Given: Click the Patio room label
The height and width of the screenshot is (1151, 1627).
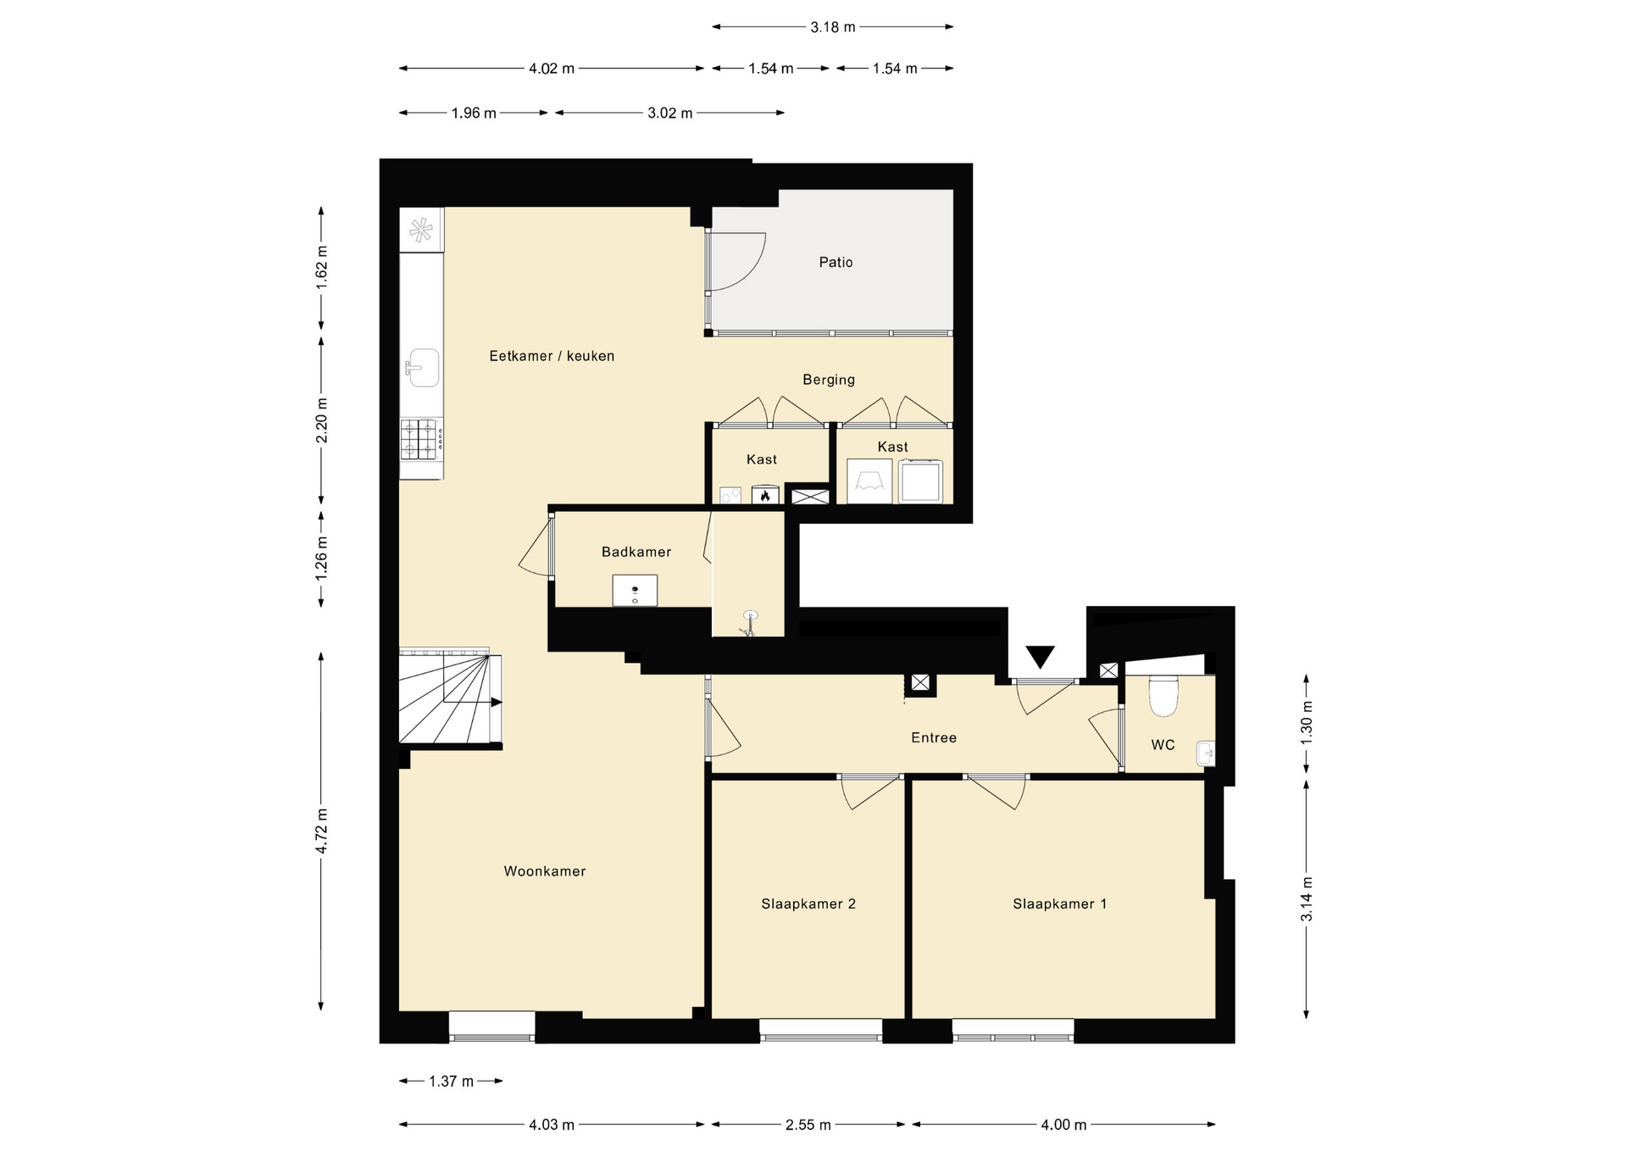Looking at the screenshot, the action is point(836,263).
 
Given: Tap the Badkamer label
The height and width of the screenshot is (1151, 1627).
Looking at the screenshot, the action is point(636,552).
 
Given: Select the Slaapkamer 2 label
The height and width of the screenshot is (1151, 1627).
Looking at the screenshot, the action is point(808,904).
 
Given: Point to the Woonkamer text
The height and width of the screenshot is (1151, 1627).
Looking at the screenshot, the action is point(545,871).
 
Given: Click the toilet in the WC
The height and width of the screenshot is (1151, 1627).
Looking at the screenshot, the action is point(1163,695).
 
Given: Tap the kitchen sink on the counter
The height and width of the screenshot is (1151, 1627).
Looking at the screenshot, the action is point(422,368).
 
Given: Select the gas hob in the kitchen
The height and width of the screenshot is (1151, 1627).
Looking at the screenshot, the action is point(421,439).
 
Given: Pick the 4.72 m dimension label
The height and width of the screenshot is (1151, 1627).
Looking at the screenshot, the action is point(321,831).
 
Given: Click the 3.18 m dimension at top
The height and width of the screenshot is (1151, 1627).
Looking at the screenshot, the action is point(833,27).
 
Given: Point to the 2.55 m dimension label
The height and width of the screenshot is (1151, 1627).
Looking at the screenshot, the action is point(808,1125).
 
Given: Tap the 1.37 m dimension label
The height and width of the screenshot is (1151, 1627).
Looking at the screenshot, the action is point(451,1081).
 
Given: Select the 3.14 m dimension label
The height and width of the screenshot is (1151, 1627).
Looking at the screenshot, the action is point(1307,898).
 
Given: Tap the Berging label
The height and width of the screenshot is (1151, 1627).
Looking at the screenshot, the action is point(829,380).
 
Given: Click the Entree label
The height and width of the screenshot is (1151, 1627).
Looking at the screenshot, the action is point(934,738).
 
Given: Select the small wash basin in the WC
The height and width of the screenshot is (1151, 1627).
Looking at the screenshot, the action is point(1206,753).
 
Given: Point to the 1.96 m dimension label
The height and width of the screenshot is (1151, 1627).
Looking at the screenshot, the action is point(474,113).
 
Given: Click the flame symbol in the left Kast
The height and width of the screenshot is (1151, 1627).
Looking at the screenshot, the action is point(765,495).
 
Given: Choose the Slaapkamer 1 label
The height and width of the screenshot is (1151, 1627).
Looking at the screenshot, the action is point(1059,904).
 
